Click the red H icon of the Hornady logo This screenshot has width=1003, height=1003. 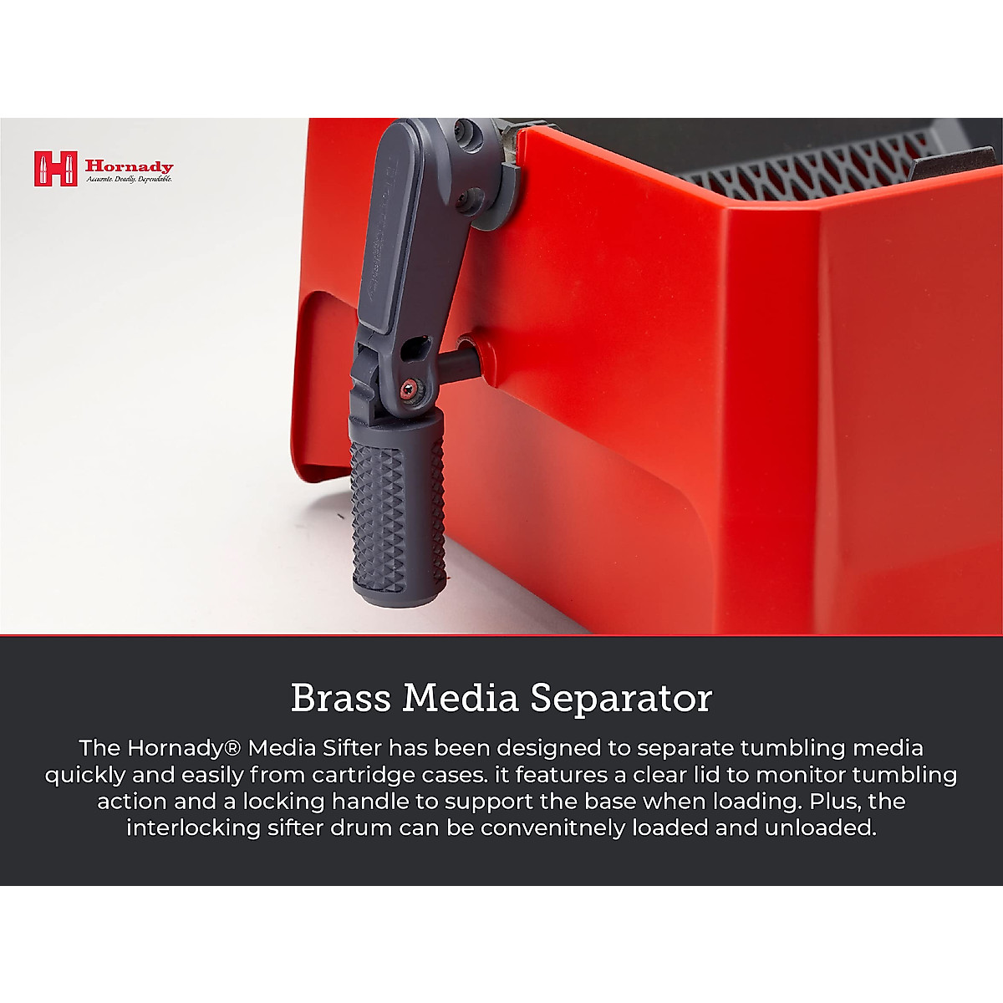pyautogui.click(x=56, y=168)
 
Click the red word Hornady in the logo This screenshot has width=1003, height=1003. pyautogui.click(x=129, y=166)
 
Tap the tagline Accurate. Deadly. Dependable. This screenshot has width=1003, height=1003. pyautogui.click(x=129, y=179)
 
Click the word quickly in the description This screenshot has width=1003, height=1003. pyautogui.click(x=85, y=776)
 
